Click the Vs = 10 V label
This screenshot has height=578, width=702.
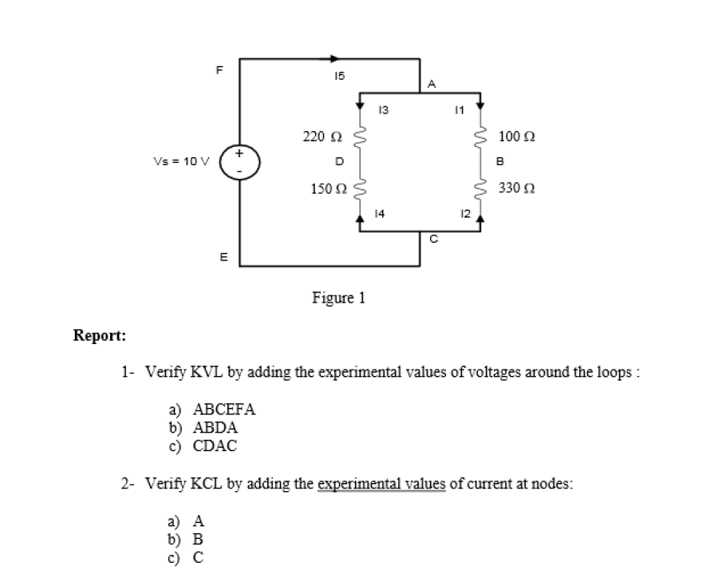tap(180, 160)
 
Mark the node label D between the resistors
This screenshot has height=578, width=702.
tap(339, 162)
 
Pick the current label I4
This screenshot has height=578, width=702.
tap(381, 213)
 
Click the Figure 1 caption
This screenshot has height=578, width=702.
tap(338, 299)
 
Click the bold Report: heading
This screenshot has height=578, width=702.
tap(100, 335)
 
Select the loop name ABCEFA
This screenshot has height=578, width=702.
tap(224, 410)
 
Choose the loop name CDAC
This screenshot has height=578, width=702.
tap(215, 445)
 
